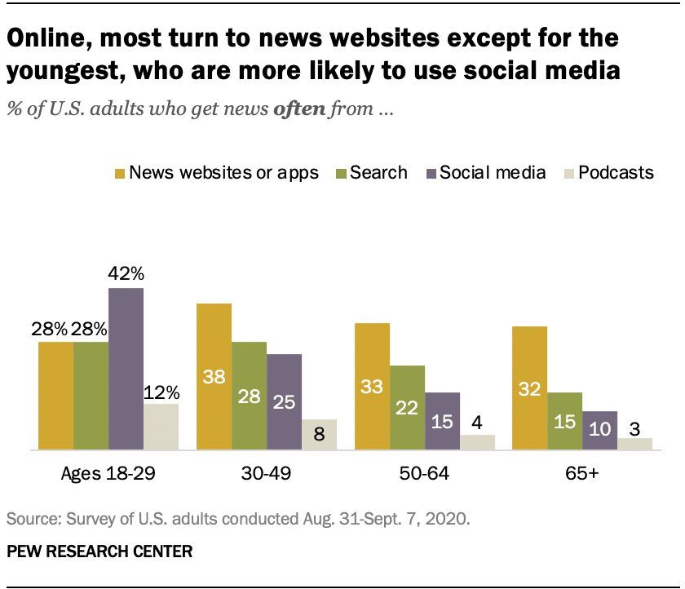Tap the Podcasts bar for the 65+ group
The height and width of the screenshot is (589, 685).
(x=635, y=444)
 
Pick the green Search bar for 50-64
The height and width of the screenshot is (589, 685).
(x=407, y=408)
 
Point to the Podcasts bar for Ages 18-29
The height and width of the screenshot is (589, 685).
(x=161, y=427)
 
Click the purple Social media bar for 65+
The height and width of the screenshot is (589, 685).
(x=599, y=431)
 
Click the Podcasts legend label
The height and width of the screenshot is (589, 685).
(x=616, y=172)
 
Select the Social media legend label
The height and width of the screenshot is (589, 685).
(x=492, y=172)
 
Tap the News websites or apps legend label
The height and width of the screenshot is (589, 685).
(x=223, y=172)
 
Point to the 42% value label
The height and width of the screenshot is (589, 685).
(x=126, y=273)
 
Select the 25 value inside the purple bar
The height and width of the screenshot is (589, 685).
(x=284, y=401)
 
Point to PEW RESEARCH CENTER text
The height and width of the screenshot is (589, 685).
(x=99, y=552)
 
